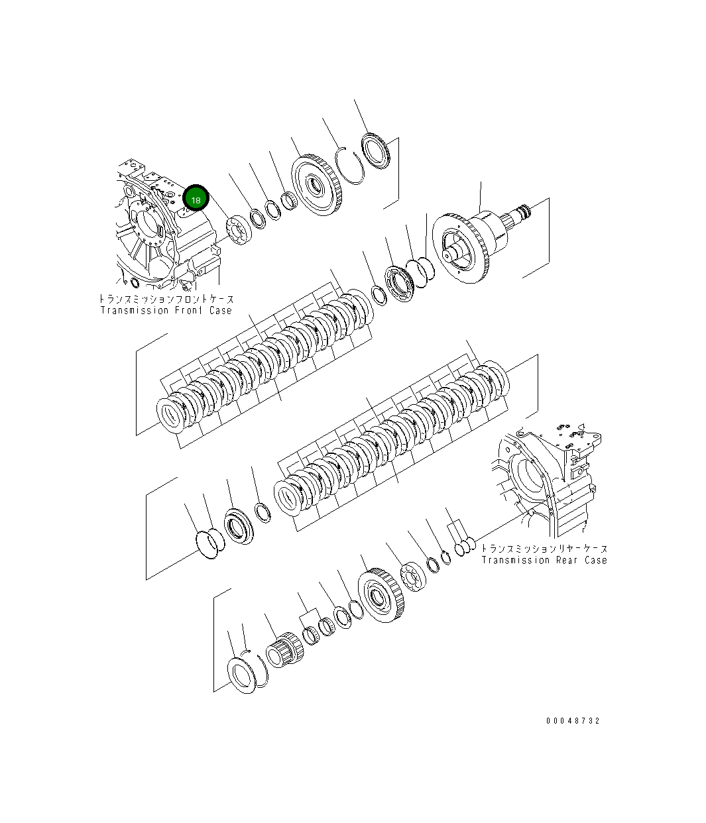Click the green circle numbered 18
pyautogui.click(x=196, y=198)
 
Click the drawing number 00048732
pyautogui.click(x=573, y=720)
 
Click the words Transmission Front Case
pyautogui.click(x=166, y=310)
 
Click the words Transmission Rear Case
pyautogui.click(x=544, y=560)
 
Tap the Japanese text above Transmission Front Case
pyautogui.click(x=166, y=300)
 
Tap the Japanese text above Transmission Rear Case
pyautogui.click(x=544, y=549)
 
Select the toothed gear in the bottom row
pyautogui.click(x=379, y=596)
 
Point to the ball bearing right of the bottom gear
pyautogui.click(x=415, y=576)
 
